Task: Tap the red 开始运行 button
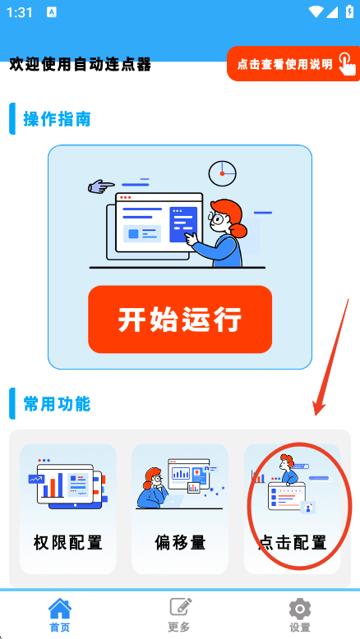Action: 180,319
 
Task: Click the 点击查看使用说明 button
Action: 293,63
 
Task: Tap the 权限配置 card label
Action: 67,542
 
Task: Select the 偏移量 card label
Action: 180,542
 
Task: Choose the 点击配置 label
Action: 293,542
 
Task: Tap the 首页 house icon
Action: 60,609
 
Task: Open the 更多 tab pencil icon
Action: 181,608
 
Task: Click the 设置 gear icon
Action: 300,609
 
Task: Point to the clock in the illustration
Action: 222,173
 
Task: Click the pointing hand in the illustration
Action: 101,186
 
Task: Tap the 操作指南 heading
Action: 57,119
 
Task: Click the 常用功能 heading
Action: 57,404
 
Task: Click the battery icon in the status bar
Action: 349,11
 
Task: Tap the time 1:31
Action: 20,12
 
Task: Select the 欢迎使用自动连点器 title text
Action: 81,64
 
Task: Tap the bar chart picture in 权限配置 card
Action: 67,483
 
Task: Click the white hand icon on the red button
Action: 346,63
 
